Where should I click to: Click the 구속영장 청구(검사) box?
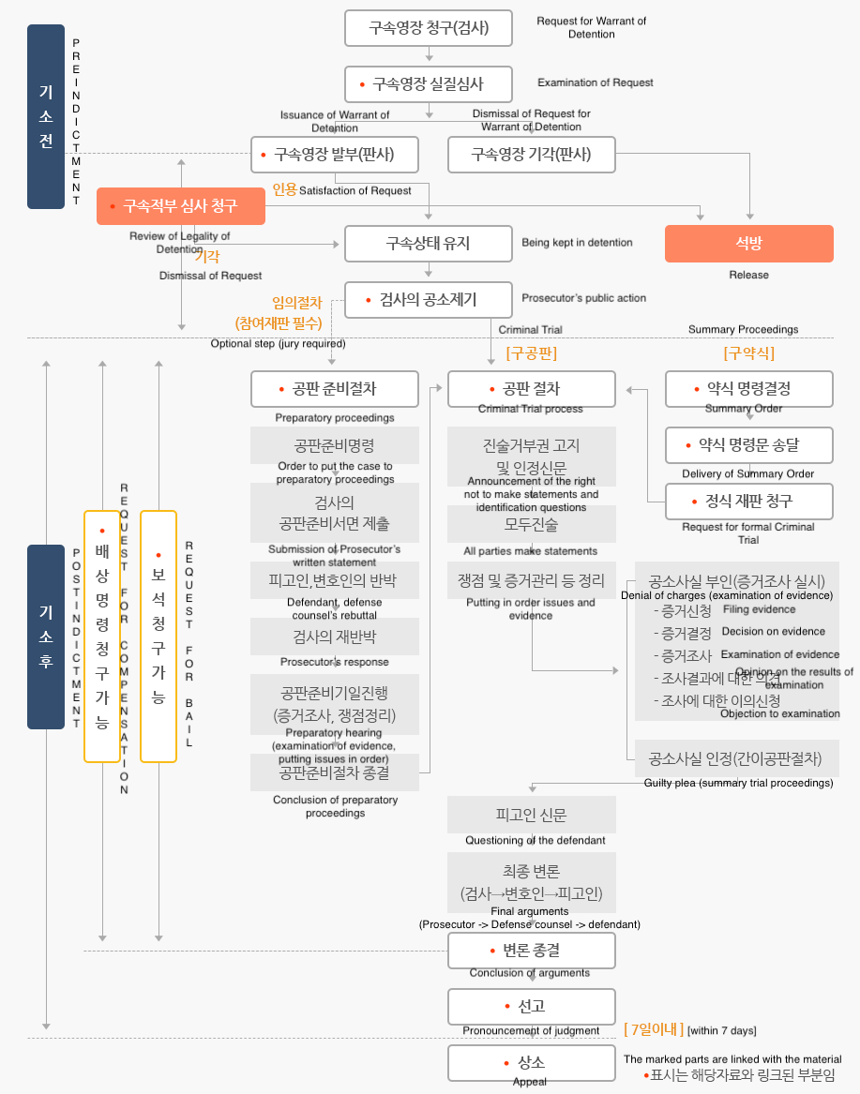pyautogui.click(x=429, y=28)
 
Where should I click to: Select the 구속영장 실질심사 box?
pyautogui.click(x=429, y=84)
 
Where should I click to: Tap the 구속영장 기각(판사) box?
pyautogui.click(x=532, y=155)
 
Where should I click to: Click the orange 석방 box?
pyautogui.click(x=748, y=244)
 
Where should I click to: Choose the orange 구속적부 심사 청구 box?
pyautogui.click(x=181, y=206)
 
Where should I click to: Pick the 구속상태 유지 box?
pyautogui.click(x=429, y=244)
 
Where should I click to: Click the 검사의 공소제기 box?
pyautogui.click(x=429, y=300)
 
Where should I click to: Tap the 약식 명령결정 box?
pyautogui.click(x=748, y=389)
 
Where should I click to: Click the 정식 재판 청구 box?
pyautogui.click(x=748, y=501)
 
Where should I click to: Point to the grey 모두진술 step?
pyautogui.click(x=532, y=524)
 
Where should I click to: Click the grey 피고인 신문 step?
pyautogui.click(x=532, y=816)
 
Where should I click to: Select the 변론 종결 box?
pyautogui.click(x=532, y=951)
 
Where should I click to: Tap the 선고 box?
pyautogui.click(x=532, y=1006)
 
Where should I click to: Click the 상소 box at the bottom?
pyautogui.click(x=532, y=1063)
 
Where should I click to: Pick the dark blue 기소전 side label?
pyautogui.click(x=46, y=116)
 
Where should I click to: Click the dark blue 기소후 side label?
pyautogui.click(x=46, y=637)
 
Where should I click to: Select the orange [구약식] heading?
pyautogui.click(x=748, y=353)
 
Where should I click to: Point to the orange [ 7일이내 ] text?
pyautogui.click(x=654, y=1029)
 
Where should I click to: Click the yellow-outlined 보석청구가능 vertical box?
pyautogui.click(x=158, y=637)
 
